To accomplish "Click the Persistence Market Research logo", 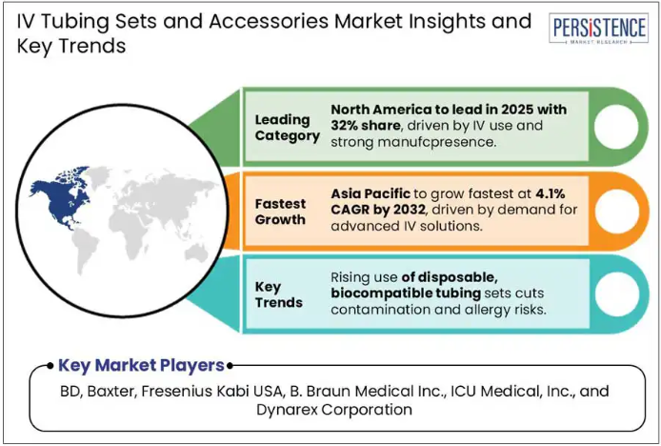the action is tap(598, 29).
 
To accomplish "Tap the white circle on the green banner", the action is tap(616, 127).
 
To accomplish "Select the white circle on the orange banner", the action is tap(616, 211).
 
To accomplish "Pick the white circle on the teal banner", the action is tap(617, 294).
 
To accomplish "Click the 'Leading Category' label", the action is tap(287, 128).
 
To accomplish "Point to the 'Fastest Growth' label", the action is tap(280, 212).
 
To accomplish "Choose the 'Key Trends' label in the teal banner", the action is tap(279, 294).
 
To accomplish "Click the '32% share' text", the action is tap(366, 126).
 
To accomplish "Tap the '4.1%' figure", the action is tap(551, 193).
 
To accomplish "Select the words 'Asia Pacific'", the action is tap(371, 193).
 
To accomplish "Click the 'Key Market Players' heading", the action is tap(141, 365).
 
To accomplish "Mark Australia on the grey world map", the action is tap(196, 253).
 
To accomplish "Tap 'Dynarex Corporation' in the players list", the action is tap(334, 409).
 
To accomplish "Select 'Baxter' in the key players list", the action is tap(111, 391).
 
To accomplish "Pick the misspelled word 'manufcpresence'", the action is tap(436, 142).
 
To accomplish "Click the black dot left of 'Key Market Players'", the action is tap(50, 365).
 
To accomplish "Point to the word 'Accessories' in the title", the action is tap(269, 21).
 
